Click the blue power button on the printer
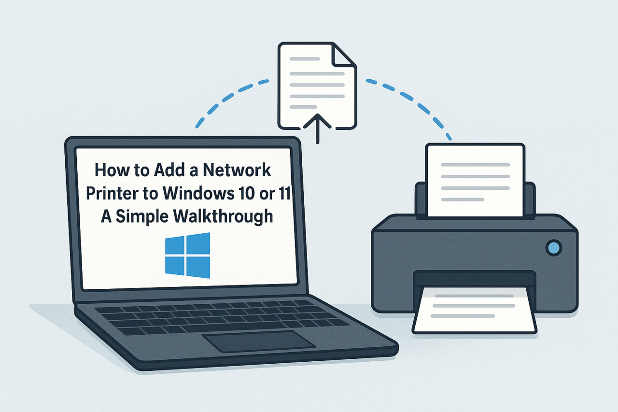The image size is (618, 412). (554, 248)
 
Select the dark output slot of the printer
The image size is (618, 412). (474, 279)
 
